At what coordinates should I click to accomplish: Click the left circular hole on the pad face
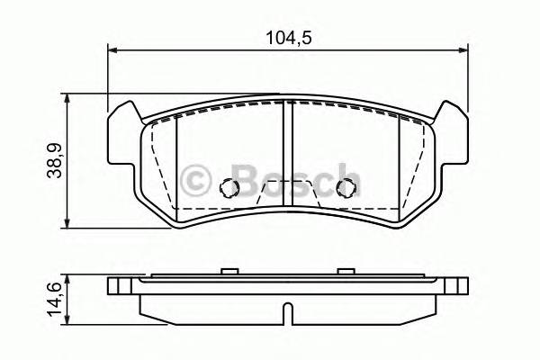point(229,188)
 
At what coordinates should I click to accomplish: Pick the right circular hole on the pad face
point(343,188)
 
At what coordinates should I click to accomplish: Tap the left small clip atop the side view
point(229,270)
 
